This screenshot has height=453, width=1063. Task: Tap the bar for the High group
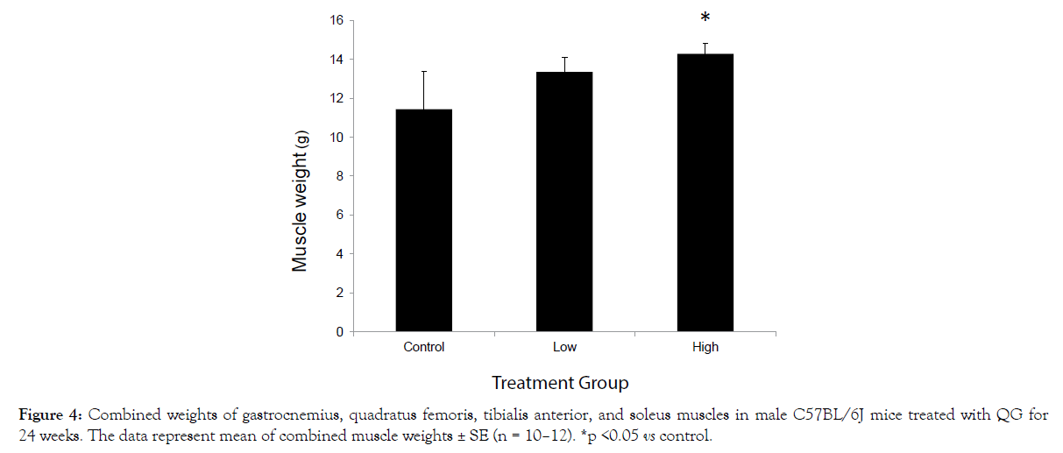tap(705, 193)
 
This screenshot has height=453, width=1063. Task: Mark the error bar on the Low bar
tap(564, 65)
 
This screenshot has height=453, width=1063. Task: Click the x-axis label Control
tap(424, 347)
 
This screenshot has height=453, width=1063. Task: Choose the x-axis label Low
tap(564, 347)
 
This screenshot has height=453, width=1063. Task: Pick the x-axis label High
tap(705, 347)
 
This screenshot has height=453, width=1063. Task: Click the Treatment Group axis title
tap(560, 383)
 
